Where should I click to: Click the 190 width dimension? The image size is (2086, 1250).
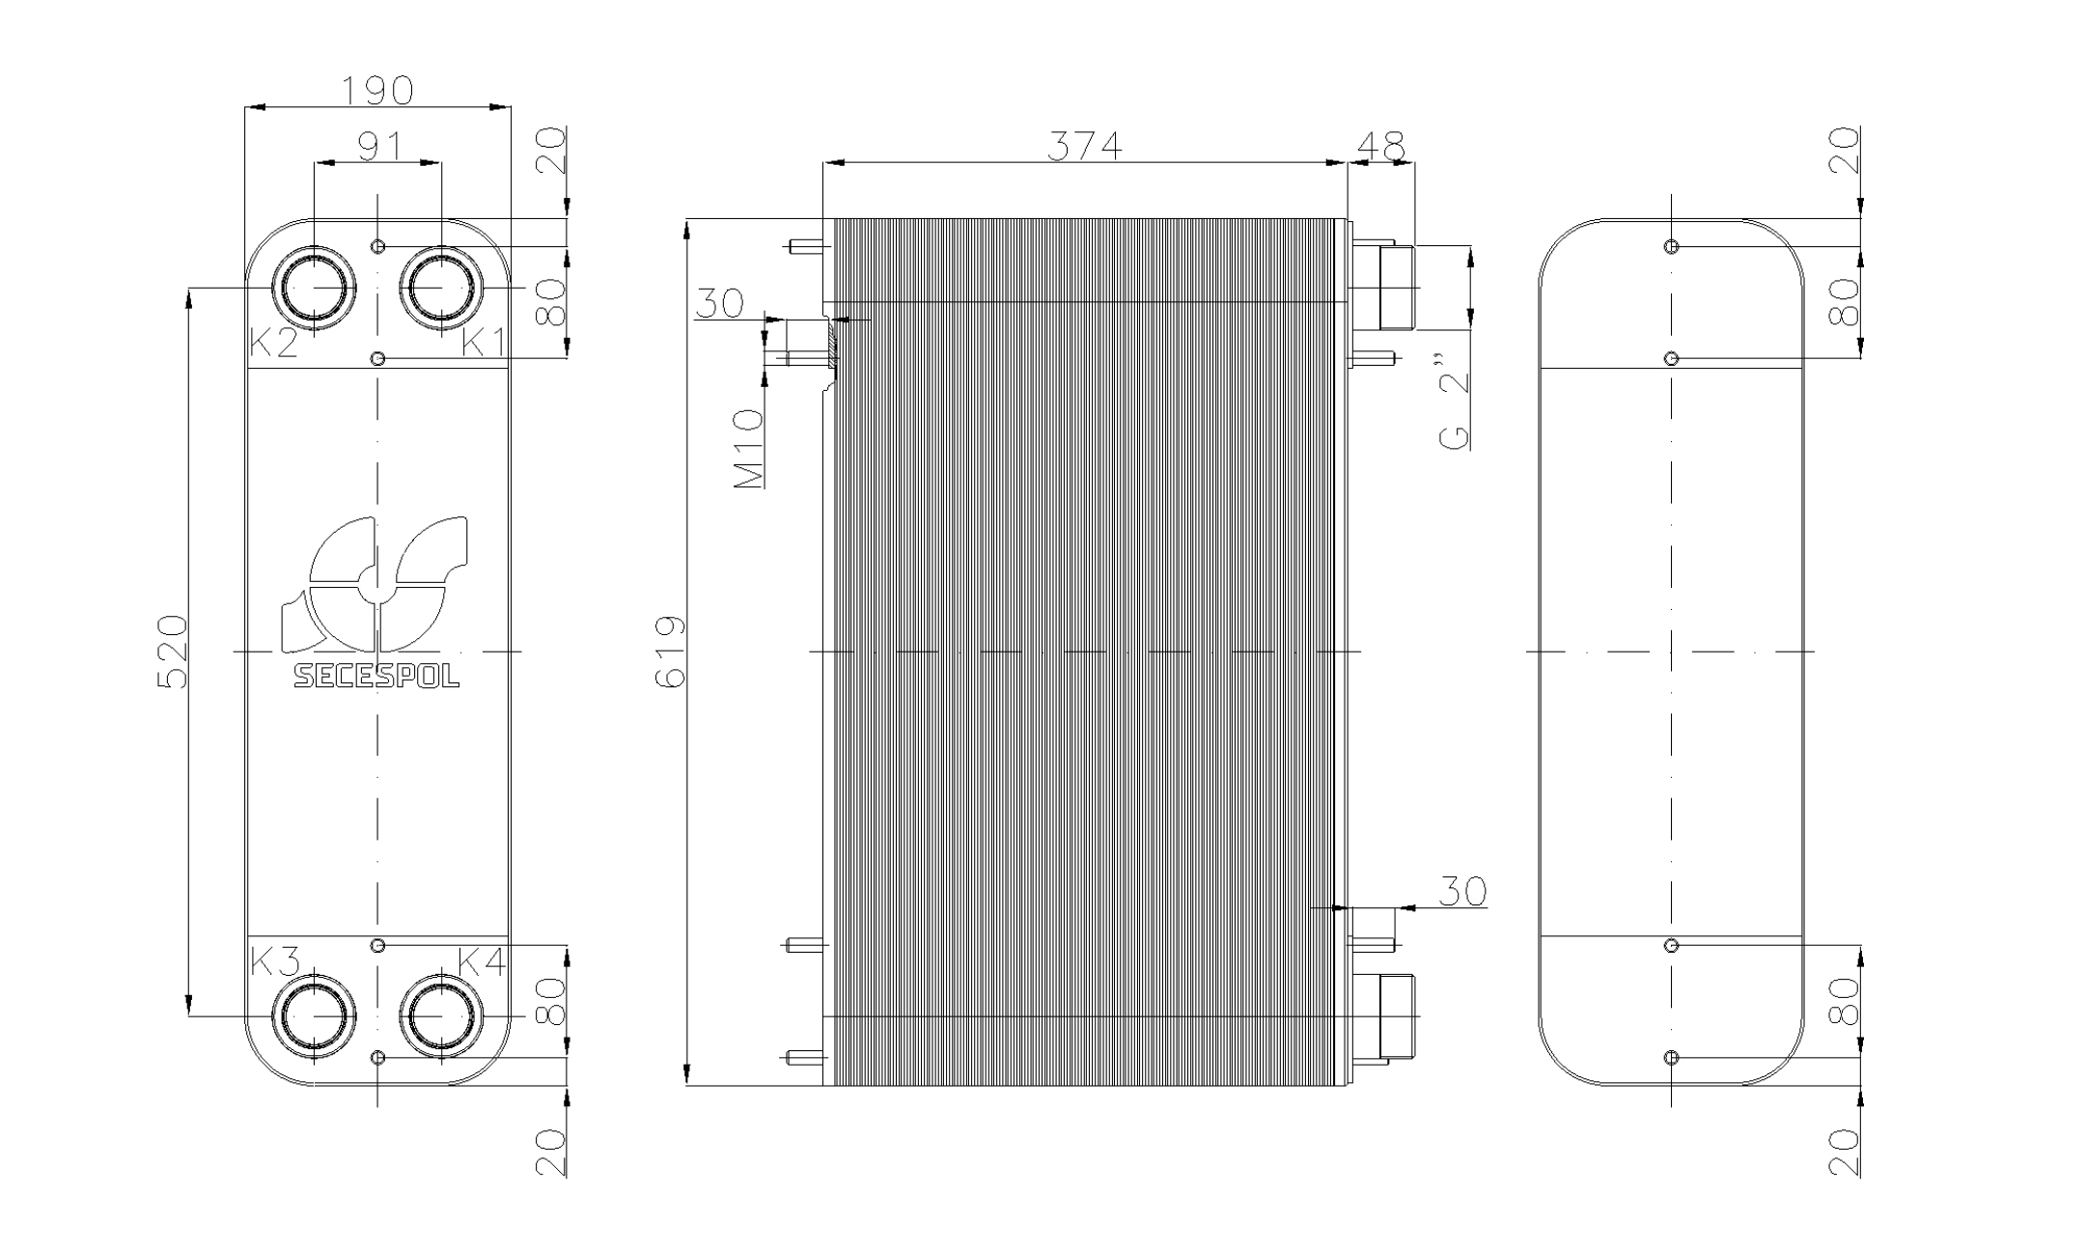pos(377,91)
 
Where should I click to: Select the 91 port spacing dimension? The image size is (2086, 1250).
pos(378,148)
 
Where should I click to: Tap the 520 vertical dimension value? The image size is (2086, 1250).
pos(173,652)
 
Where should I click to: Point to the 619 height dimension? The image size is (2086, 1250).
pos(670,652)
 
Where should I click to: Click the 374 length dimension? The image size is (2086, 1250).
pos(1085,147)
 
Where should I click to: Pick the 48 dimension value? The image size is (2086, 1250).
pos(1380,146)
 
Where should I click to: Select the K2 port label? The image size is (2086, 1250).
pos(273,343)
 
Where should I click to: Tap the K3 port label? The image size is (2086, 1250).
pos(276,961)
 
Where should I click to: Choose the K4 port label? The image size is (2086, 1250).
pos(482,961)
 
